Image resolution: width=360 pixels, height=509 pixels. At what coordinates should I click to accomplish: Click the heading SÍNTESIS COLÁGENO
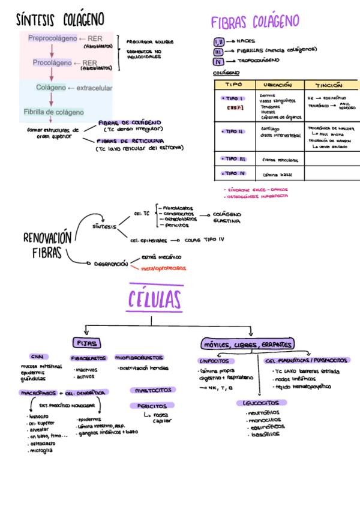60,20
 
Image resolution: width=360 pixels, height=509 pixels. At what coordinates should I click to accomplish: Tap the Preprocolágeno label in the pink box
52,38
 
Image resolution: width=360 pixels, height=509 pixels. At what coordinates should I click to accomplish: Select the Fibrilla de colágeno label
53,112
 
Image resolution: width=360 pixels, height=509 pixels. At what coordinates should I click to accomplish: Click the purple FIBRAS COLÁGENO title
255,22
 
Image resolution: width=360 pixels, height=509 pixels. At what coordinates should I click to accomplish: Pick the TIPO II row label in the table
233,131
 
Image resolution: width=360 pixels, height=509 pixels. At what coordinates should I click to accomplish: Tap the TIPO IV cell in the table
233,173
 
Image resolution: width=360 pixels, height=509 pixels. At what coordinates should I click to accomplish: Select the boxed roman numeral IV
218,61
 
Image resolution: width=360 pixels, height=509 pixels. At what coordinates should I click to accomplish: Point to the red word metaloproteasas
163,268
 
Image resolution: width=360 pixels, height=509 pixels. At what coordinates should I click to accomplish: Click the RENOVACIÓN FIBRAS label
47,245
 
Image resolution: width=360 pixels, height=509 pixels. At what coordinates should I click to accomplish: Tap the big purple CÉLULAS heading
155,299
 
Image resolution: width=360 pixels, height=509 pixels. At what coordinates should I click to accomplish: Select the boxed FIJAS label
86,343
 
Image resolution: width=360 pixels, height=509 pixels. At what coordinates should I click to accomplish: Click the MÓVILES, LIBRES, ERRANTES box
248,345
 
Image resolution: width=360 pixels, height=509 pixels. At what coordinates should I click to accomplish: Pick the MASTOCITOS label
153,390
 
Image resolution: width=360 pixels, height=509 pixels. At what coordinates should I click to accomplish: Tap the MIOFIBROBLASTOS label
142,357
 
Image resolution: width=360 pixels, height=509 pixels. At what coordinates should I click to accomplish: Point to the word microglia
41,450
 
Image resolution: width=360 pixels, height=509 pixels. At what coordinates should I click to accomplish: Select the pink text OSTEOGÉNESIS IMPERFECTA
256,196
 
